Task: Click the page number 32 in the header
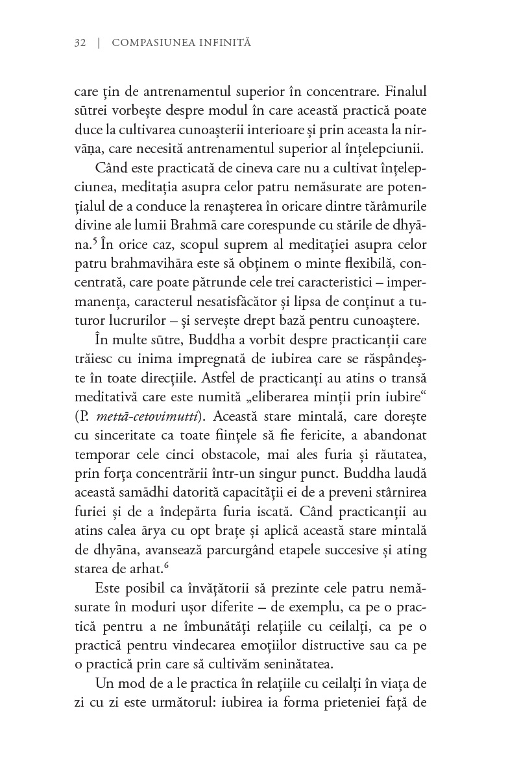[80, 43]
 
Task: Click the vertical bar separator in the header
[99, 43]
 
